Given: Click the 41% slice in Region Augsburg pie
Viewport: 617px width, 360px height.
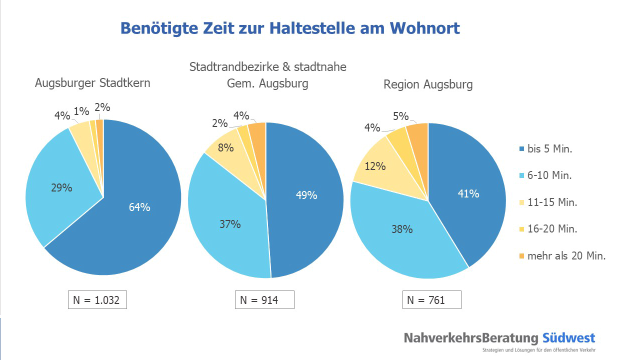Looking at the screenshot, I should click(467, 192).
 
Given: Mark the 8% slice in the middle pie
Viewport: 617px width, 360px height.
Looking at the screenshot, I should click(225, 148).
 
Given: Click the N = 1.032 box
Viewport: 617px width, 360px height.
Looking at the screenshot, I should click(97, 300).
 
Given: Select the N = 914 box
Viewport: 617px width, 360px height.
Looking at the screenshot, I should click(264, 300).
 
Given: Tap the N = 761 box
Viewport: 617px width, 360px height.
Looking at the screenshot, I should click(431, 300).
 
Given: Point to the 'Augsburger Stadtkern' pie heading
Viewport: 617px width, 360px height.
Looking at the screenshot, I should click(92, 83).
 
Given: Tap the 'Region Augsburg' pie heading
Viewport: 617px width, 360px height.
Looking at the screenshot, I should click(428, 84).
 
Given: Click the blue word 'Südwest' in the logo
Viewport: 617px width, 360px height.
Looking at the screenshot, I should click(568, 337).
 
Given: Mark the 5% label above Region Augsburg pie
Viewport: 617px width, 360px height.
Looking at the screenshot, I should click(400, 116).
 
